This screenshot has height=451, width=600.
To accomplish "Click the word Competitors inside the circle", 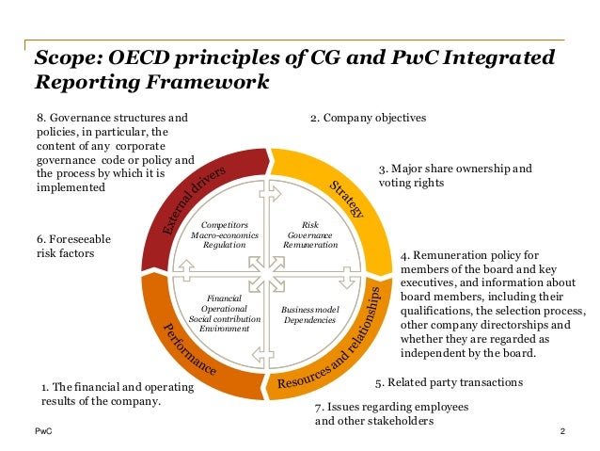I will point(217,225).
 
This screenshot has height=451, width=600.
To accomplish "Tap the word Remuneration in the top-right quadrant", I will point(310,244).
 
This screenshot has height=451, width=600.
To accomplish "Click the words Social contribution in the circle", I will point(219,319).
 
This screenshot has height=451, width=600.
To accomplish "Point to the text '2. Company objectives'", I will point(368,119).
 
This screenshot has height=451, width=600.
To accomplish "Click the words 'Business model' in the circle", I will point(308,309).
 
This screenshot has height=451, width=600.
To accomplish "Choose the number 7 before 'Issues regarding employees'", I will point(317,407).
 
